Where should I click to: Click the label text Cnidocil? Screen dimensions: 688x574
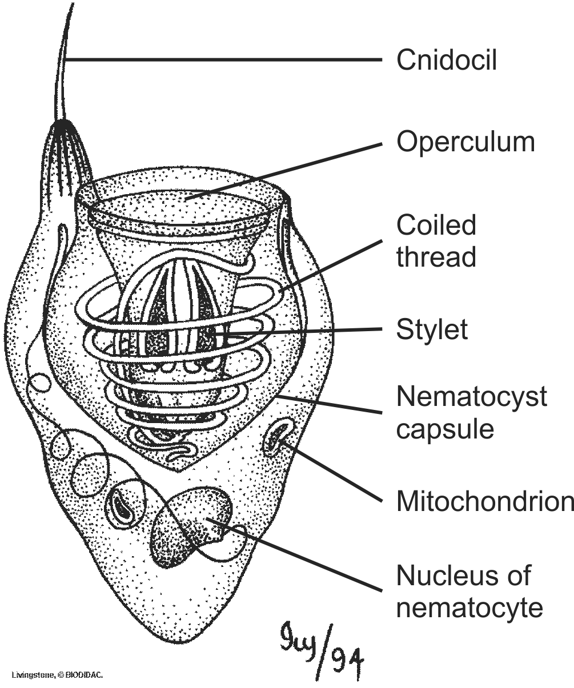(447, 59)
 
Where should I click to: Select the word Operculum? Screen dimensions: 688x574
(465, 142)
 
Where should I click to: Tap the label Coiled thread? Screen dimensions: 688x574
(436, 241)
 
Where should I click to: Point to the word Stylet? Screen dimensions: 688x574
(432, 329)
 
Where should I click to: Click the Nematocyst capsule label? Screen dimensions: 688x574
(471, 412)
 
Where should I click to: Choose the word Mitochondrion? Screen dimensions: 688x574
(485, 501)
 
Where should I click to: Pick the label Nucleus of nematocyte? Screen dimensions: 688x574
(469, 591)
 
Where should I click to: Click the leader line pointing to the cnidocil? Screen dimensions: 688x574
(228, 59)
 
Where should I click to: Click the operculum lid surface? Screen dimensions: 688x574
(183, 206)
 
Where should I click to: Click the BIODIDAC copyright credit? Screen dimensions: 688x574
(57, 675)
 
